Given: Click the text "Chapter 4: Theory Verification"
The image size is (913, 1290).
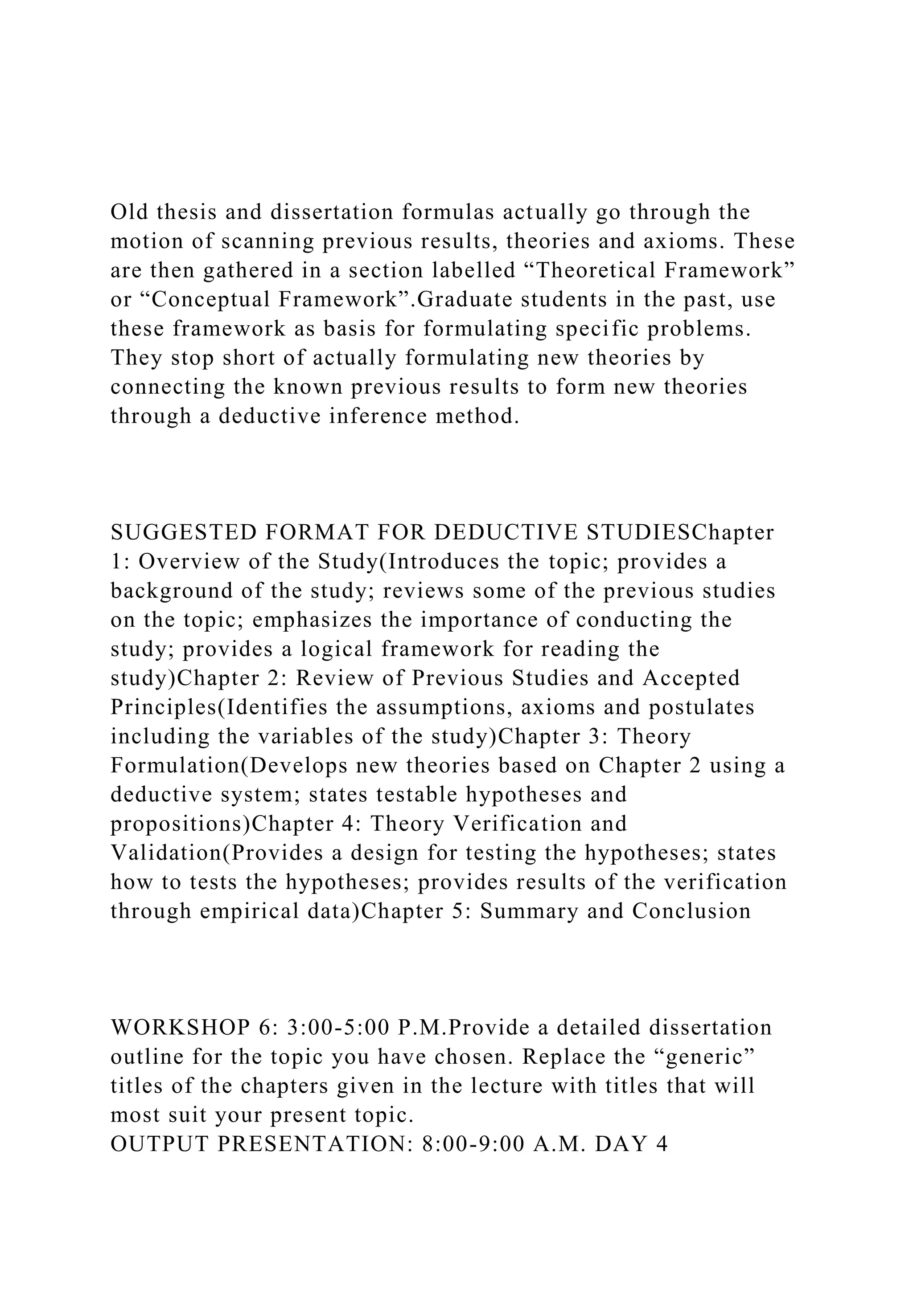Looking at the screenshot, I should (439, 824).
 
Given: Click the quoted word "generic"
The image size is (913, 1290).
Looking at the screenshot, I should (709, 1057).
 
